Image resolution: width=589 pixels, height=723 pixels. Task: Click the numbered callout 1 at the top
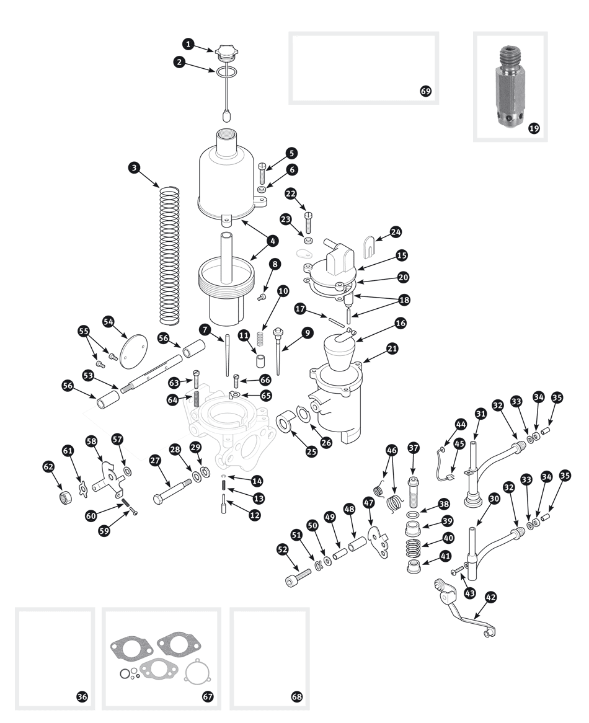tap(188, 44)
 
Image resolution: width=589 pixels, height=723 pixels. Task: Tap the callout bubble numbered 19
tap(534, 128)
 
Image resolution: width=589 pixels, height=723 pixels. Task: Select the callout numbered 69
tap(425, 91)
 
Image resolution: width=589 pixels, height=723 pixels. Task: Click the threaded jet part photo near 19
tap(508, 87)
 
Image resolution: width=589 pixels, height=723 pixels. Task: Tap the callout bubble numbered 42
tap(492, 597)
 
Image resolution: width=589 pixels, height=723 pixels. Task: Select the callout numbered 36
tap(81, 696)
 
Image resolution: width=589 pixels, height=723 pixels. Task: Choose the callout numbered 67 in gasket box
tap(207, 696)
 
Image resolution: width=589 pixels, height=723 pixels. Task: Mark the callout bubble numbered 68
tap(297, 696)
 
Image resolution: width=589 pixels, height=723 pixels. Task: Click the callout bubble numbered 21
tap(392, 348)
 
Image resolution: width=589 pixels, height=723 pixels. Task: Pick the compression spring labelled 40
tap(413, 548)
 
